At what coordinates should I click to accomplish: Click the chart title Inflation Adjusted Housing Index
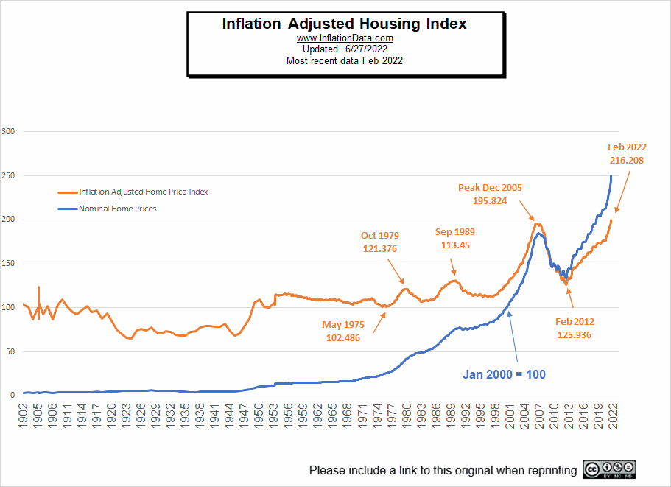click(x=344, y=24)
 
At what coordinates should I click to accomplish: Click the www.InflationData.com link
click(x=344, y=38)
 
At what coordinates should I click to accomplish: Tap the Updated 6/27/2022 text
click(x=344, y=49)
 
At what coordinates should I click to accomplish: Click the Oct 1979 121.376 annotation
click(x=379, y=242)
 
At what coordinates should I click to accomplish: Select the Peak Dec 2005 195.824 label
click(x=490, y=194)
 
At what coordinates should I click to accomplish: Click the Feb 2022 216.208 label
click(x=628, y=153)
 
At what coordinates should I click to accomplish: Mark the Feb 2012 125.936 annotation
click(x=575, y=328)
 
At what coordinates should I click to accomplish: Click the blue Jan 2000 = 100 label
click(x=505, y=374)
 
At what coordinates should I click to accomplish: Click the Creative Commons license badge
click(x=608, y=469)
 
